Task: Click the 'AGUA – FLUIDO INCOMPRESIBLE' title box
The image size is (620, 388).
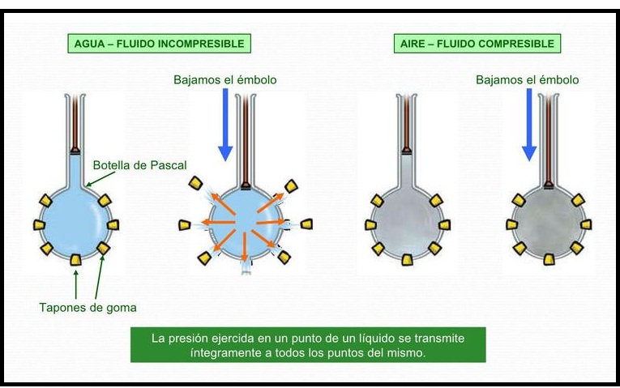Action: [156, 43]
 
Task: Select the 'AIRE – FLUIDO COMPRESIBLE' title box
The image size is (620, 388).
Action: [477, 43]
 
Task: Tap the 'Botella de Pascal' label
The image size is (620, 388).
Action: [139, 164]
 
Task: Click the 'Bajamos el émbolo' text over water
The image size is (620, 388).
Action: [224, 80]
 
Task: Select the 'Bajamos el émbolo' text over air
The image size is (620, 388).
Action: [528, 80]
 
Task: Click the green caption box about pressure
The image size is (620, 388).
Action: [308, 345]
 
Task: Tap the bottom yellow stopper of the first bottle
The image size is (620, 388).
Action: [75, 260]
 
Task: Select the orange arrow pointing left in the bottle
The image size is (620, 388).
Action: [217, 221]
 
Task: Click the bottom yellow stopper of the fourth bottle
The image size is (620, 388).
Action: [549, 259]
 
